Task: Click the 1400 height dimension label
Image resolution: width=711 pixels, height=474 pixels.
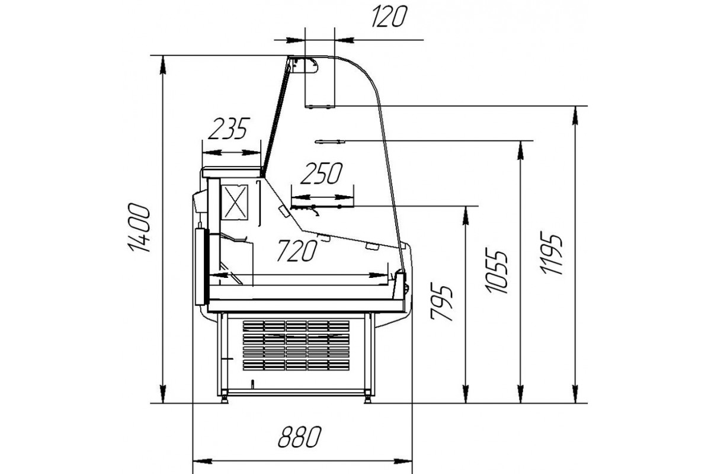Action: [x=139, y=228]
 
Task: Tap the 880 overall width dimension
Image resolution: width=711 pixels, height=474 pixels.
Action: [x=300, y=437]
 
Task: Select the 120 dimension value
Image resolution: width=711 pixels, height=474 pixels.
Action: [x=389, y=17]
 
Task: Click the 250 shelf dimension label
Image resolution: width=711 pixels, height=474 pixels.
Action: [x=322, y=174]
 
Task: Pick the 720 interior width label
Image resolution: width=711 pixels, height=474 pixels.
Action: [x=297, y=251]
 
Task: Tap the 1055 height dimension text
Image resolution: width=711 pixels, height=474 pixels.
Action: [x=496, y=272]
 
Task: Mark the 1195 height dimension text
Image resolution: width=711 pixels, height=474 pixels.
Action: [x=552, y=254]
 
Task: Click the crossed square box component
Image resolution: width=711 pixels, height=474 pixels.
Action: [x=234, y=202]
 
